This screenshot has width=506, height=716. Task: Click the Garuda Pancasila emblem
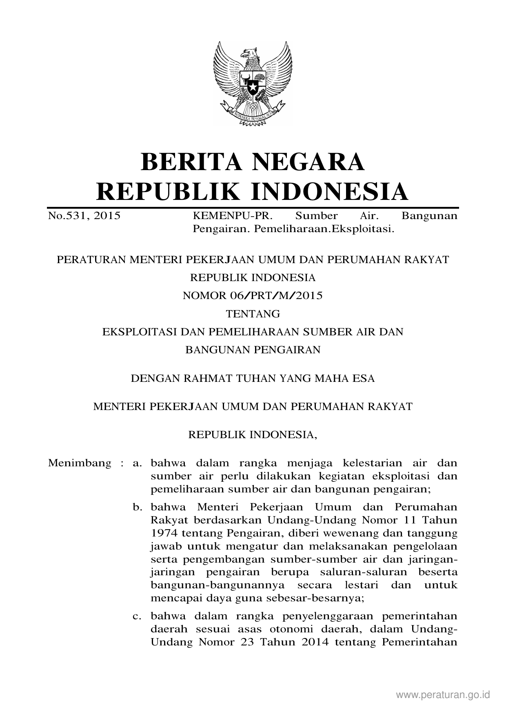coord(253,84)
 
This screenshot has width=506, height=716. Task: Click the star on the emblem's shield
coord(253,87)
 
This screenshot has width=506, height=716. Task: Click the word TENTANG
coord(253,314)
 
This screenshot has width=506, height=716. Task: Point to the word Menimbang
coord(80,463)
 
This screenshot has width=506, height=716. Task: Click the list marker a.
coord(137,463)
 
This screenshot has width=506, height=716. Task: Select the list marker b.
coord(137,507)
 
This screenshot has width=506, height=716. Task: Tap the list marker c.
coord(137,616)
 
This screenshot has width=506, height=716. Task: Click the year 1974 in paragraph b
coord(164,533)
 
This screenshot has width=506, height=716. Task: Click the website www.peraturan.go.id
coord(442,695)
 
